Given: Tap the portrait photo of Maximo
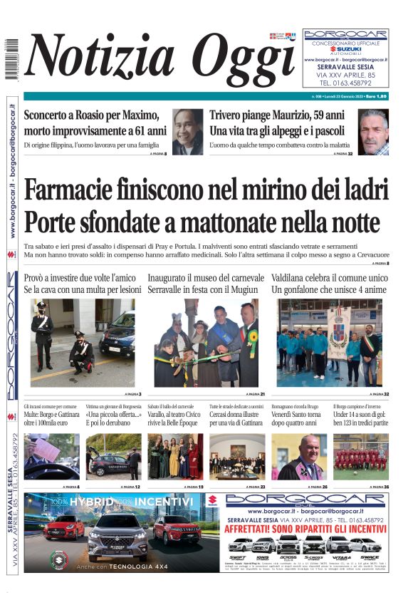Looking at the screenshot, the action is click(x=187, y=132).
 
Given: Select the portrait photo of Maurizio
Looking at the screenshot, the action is click(x=373, y=132).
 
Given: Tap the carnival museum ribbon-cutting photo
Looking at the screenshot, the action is click(x=206, y=342).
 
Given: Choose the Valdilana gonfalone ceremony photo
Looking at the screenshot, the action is click(x=330, y=342).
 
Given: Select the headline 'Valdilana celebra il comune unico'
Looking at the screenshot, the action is click(x=330, y=277).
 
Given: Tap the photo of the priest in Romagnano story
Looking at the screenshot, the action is click(x=299, y=457).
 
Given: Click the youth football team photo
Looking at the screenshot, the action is click(x=361, y=457).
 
